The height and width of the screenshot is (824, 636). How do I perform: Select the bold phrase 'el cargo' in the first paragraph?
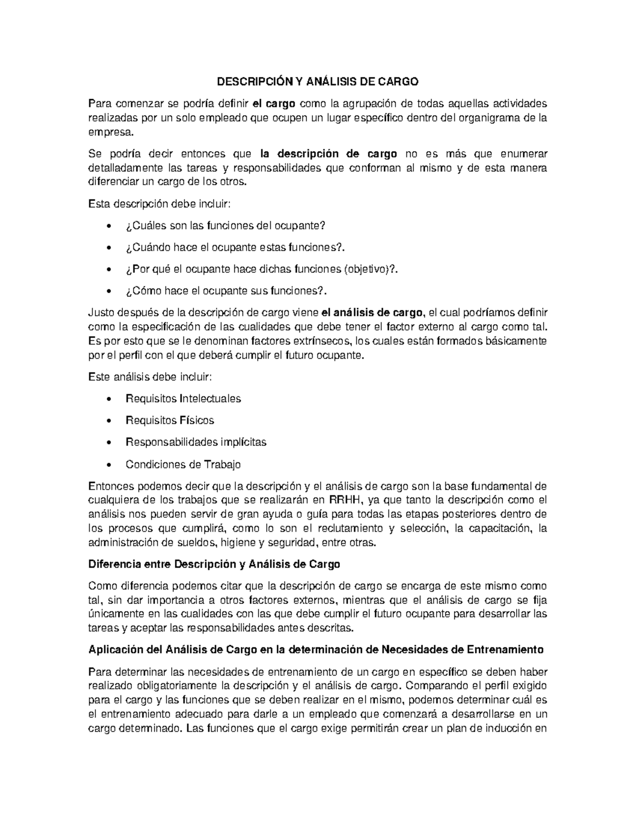[275, 103]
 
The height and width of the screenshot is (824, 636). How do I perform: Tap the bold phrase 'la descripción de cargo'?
[329, 154]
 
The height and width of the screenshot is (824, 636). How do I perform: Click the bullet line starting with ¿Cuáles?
[224, 225]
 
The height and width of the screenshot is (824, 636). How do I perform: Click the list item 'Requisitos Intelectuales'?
[183, 398]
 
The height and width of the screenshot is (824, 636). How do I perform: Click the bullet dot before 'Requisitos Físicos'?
[109, 421]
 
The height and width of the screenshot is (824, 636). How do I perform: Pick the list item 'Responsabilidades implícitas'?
[196, 442]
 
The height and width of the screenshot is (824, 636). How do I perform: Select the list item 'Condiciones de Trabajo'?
[183, 465]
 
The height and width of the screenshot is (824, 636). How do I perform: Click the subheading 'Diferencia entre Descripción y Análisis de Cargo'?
[214, 564]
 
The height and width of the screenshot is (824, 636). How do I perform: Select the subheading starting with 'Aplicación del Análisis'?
[316, 650]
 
